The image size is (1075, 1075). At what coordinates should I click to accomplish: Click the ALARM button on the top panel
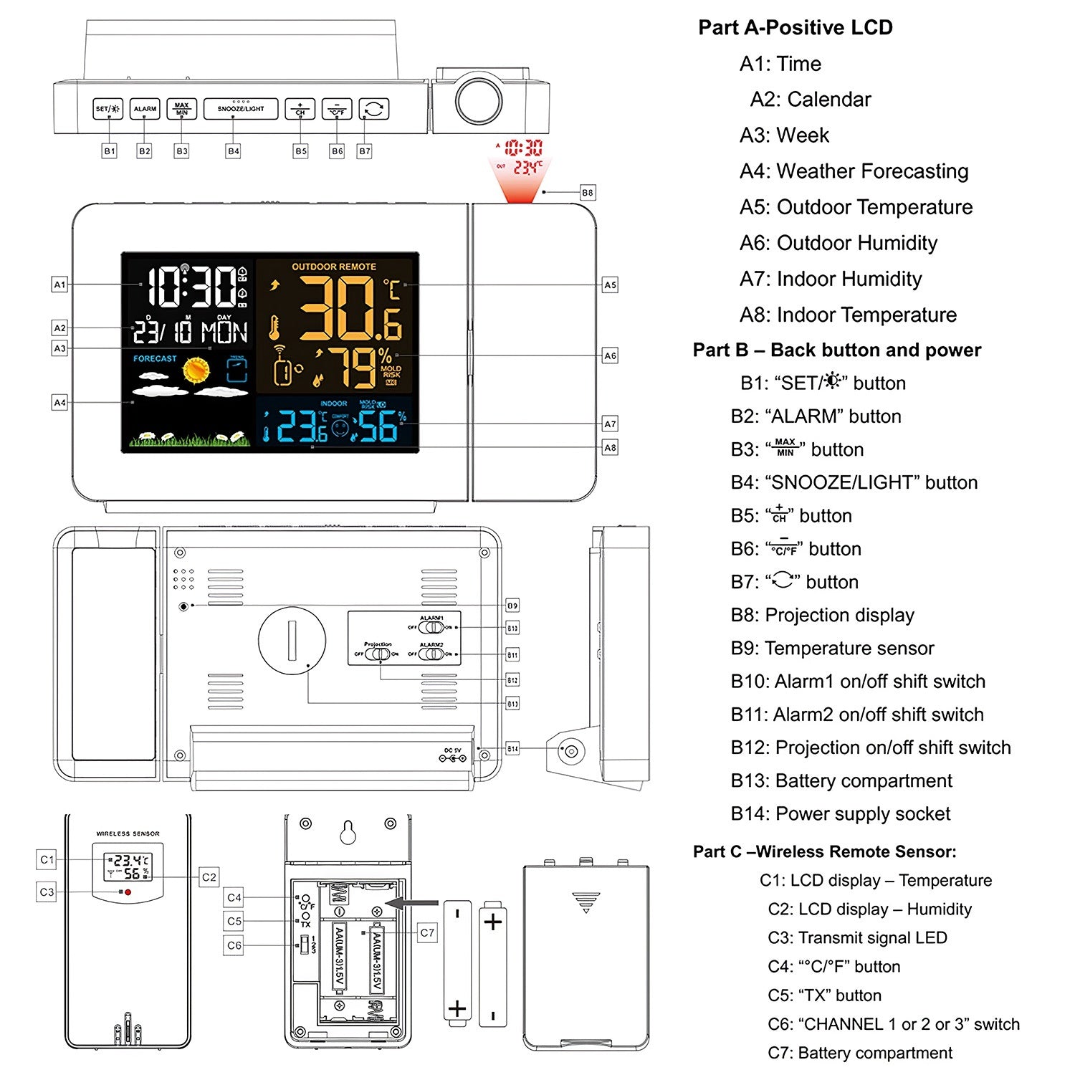click(x=145, y=109)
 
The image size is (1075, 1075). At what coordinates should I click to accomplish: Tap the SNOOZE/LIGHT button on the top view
click(x=241, y=109)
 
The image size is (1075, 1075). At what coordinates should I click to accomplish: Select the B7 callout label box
click(x=365, y=151)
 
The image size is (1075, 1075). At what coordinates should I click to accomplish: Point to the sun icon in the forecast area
click(x=196, y=370)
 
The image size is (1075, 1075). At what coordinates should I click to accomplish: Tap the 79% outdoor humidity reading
click(x=361, y=368)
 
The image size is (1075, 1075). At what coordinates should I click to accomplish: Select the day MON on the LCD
click(x=224, y=333)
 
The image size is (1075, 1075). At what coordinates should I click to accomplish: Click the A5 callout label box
click(x=610, y=285)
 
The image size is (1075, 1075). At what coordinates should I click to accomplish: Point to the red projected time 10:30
click(x=523, y=148)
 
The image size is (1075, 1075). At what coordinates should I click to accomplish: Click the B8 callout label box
click(x=587, y=193)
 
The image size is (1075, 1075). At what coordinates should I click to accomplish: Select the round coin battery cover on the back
click(x=292, y=641)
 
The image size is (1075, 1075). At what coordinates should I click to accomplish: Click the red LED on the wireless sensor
click(x=128, y=892)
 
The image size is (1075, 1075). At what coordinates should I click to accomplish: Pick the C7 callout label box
click(x=427, y=932)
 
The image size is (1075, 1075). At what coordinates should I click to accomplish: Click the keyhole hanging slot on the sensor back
click(x=348, y=832)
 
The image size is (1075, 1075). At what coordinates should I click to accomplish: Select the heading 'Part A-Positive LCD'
click(x=795, y=28)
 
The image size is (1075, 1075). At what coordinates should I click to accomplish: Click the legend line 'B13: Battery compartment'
click(x=841, y=780)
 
